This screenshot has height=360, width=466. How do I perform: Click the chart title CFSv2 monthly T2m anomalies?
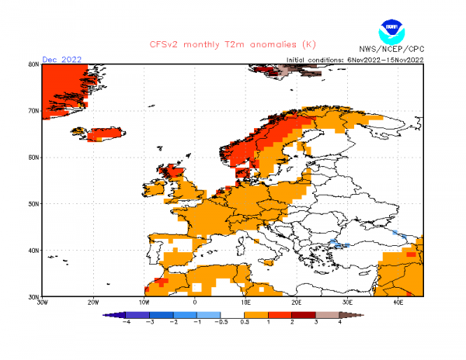tap(232, 44)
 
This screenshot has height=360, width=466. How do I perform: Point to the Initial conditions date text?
tap(354, 60)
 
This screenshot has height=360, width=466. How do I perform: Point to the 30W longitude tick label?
tap(43, 302)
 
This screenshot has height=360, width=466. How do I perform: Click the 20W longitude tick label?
tap(93, 302)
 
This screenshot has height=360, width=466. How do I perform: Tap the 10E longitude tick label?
tap(245, 302)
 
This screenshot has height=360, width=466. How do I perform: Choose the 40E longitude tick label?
tap(398, 302)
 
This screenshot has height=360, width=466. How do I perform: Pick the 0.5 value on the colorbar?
tap(245, 321)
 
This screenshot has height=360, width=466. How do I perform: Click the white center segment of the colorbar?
tap(233, 314)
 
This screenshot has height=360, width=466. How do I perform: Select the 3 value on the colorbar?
tap(316, 321)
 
